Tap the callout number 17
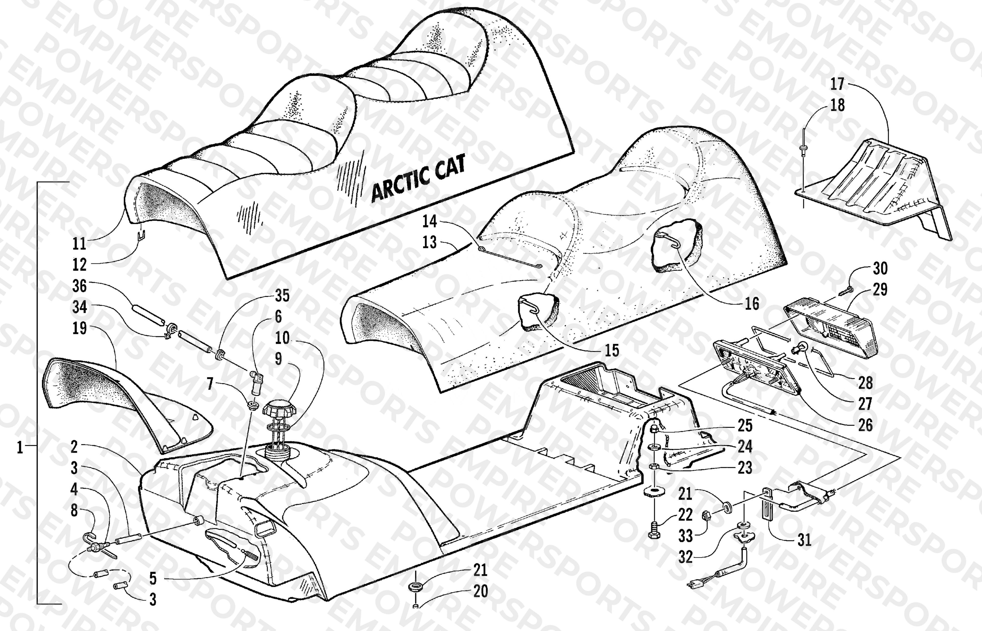tap(837, 84)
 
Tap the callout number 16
tap(752, 304)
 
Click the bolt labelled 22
tap(654, 531)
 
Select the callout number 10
tap(282, 338)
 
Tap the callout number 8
tap(74, 510)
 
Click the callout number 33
tap(685, 536)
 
